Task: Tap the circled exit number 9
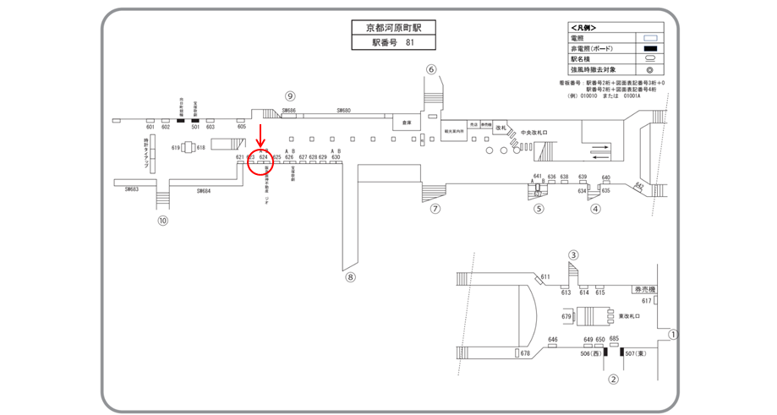289,96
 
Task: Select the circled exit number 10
163,221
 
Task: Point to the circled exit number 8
351,276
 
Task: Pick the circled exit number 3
573,254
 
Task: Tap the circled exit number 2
614,380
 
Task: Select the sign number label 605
242,127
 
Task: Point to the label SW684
204,191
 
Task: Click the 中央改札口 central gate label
535,133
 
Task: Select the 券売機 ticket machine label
645,289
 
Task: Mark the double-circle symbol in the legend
650,70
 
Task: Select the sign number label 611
545,277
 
